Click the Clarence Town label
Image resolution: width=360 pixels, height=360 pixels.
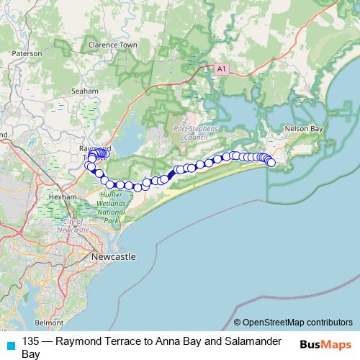point(112,45)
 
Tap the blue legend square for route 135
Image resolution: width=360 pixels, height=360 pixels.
point(10,343)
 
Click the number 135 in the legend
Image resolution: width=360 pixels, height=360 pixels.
point(31,341)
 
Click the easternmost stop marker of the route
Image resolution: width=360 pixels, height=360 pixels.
point(271,163)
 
